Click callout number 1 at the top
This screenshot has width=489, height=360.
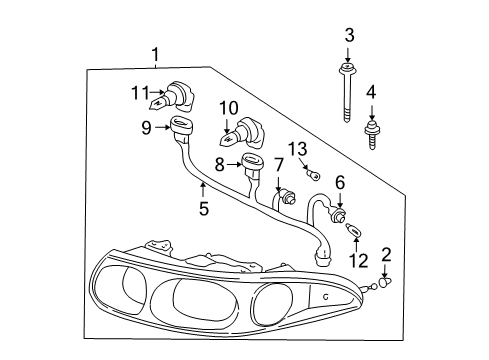pos(155,54)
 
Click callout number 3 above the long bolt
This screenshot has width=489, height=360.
pos(349,37)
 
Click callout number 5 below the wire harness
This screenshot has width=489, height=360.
pos(203,210)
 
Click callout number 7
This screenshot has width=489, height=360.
pos(279,164)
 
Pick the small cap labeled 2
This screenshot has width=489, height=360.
pos(384,285)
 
